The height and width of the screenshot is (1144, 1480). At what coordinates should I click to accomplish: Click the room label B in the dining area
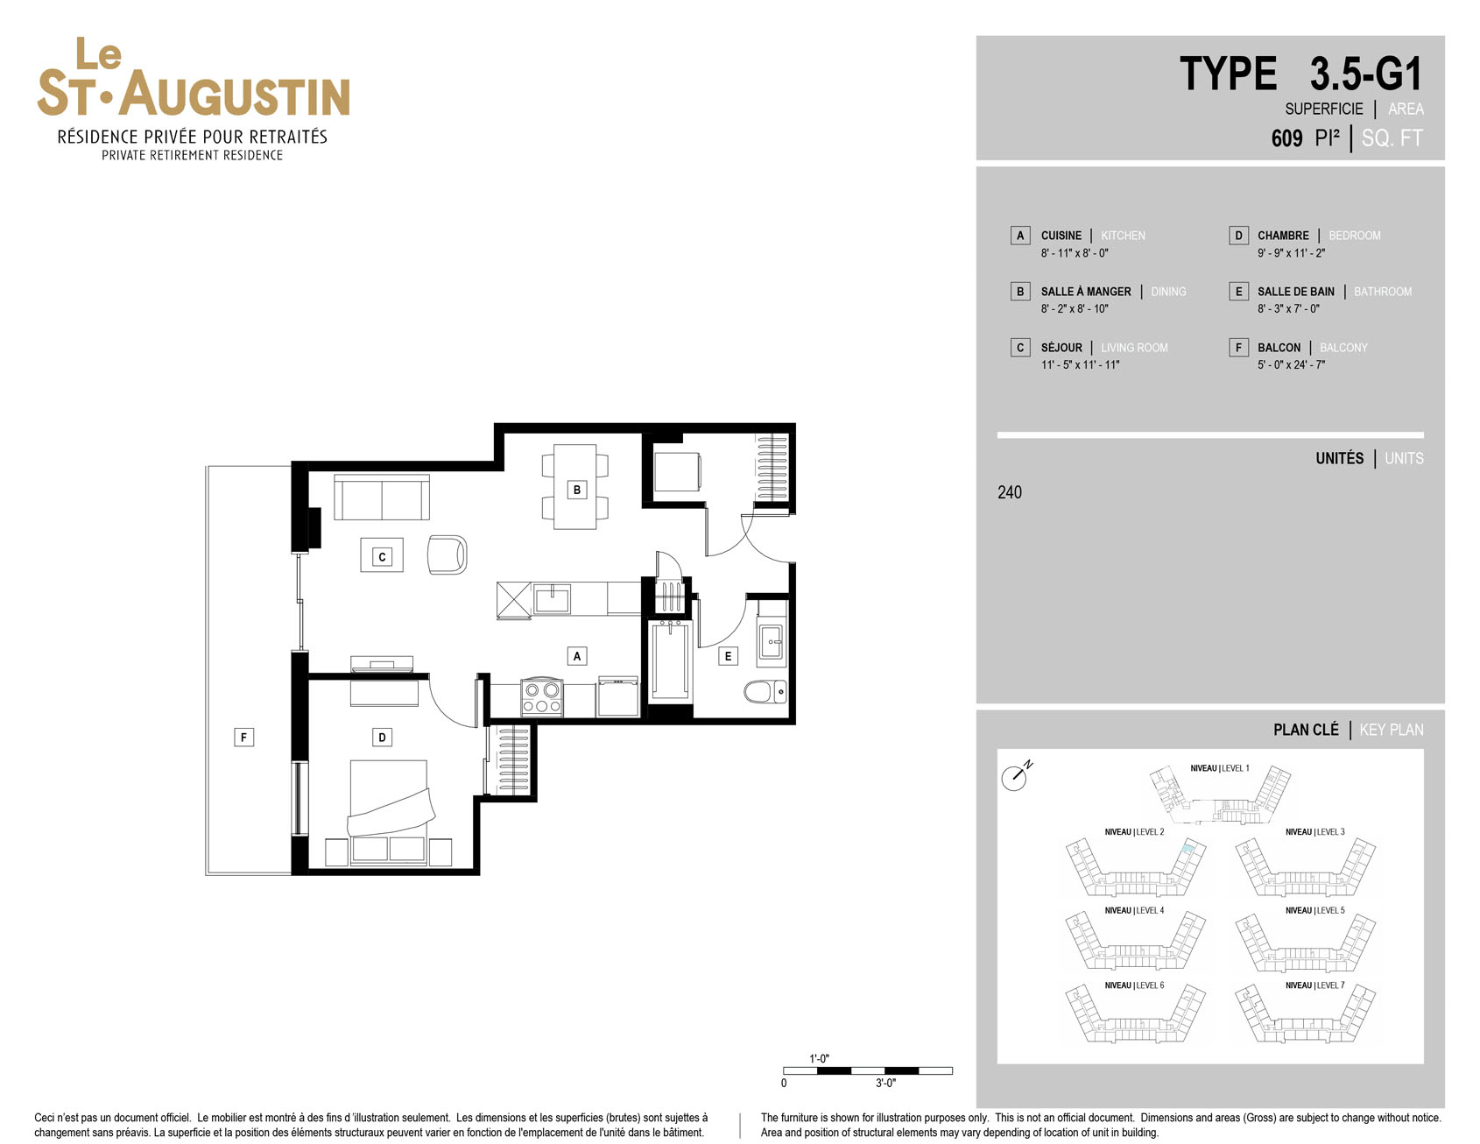[577, 490]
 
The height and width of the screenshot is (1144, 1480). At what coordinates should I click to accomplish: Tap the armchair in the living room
[447, 554]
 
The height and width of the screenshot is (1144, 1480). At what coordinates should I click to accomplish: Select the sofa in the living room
[382, 498]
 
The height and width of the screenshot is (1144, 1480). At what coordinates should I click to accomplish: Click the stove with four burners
[541, 697]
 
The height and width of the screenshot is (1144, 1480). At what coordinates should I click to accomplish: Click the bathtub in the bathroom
[671, 660]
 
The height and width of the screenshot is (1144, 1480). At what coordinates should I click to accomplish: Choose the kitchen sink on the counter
[553, 600]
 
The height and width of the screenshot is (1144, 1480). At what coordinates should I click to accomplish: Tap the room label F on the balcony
[244, 738]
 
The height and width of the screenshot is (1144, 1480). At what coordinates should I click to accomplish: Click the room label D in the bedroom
[382, 738]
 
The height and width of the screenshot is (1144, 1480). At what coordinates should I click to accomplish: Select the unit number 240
[1010, 492]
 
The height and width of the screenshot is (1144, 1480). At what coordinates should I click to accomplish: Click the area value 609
[1286, 138]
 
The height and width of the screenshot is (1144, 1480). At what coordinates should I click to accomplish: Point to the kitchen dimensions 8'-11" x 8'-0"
[1075, 253]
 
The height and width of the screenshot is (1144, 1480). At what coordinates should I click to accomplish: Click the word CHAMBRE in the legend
[1283, 236]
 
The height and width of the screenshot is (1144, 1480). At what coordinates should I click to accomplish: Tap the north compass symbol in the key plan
[1016, 775]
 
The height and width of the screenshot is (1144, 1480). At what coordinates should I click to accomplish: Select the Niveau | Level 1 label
[1220, 768]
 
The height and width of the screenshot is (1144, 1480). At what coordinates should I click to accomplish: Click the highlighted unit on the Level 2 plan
[1188, 848]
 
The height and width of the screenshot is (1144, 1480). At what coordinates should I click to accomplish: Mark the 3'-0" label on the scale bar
[885, 1084]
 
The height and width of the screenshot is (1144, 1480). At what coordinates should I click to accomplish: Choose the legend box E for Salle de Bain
[1238, 292]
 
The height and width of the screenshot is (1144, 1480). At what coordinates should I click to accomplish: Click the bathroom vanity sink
[772, 641]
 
